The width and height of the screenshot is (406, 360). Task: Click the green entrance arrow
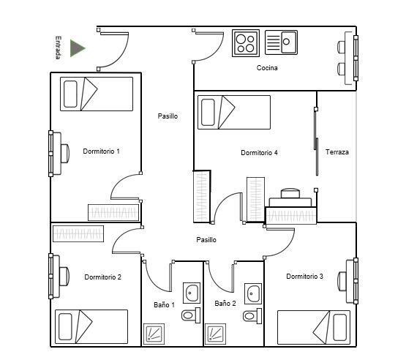(x=77, y=48)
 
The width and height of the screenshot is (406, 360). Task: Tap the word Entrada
(x=59, y=48)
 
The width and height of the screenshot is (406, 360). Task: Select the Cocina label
(x=267, y=68)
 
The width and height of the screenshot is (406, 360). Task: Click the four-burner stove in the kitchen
(x=246, y=43)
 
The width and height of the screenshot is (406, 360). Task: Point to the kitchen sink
(x=281, y=42)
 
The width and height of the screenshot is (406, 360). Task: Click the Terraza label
(x=337, y=152)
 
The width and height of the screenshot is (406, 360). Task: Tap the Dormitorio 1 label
(x=101, y=151)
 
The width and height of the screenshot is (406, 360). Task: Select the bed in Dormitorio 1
(x=97, y=94)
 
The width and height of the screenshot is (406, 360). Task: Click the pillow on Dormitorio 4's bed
(x=208, y=112)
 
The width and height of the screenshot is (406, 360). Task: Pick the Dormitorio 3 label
(x=304, y=277)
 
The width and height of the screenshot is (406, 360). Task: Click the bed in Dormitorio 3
(x=314, y=327)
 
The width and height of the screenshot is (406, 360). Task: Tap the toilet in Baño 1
(x=191, y=315)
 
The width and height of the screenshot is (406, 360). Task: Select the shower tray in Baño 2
(x=215, y=334)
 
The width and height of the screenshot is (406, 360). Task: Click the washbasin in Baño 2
(x=253, y=293)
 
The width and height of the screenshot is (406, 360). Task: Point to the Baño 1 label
(x=164, y=305)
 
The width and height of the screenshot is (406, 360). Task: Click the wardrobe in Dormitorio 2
(x=78, y=233)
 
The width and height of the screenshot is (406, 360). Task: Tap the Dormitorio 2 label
(x=103, y=277)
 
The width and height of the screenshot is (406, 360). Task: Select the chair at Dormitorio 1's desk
(x=65, y=154)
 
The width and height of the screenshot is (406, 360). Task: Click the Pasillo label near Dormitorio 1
(x=168, y=116)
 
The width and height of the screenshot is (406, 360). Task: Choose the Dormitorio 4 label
(x=259, y=153)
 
